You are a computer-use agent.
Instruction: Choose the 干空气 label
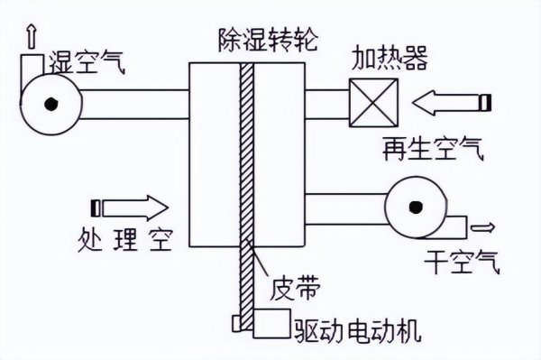[x=459, y=264]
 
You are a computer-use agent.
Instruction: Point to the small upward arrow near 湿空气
[x=33, y=35]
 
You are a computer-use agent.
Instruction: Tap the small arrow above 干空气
[x=485, y=226]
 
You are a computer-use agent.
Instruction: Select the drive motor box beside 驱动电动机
[x=270, y=325]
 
